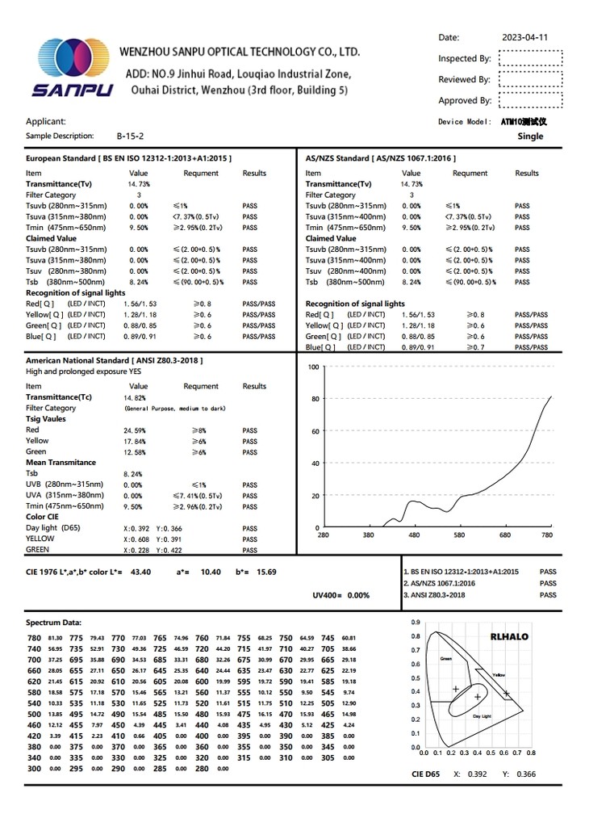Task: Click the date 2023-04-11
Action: click(524, 37)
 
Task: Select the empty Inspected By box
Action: click(530, 58)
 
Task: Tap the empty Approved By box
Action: click(530, 100)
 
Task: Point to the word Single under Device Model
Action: click(530, 136)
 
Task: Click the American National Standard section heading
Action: click(115, 359)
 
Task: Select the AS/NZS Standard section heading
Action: click(381, 158)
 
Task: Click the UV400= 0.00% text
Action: click(340, 595)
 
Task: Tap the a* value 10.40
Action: click(210, 572)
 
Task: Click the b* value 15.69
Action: click(266, 572)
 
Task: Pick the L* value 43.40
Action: click(140, 572)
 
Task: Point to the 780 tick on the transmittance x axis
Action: click(548, 535)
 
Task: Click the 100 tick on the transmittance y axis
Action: click(314, 367)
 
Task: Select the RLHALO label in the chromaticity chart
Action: click(509, 637)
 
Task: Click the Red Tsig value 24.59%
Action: click(135, 430)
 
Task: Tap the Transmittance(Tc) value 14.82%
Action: click(135, 398)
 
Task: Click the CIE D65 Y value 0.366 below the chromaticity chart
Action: click(525, 774)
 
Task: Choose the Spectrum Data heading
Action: click(53, 623)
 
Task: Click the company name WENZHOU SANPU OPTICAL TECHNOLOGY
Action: click(240, 52)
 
